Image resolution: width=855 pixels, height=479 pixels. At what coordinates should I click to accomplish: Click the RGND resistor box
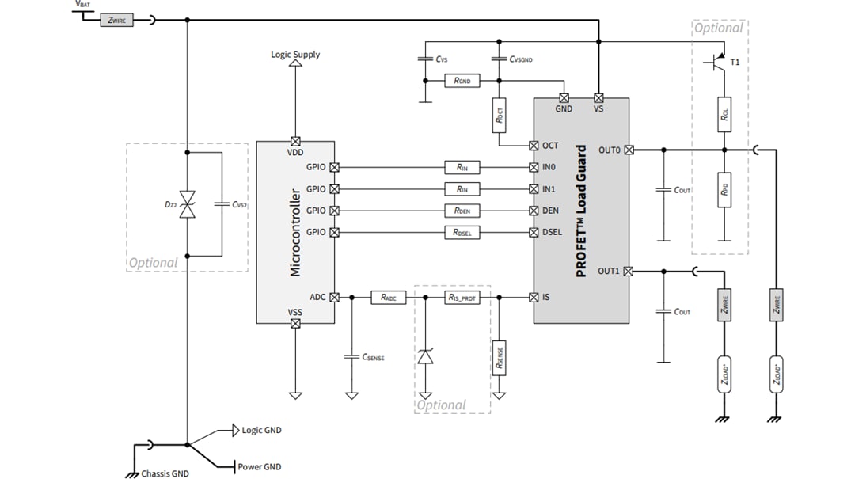click(462, 81)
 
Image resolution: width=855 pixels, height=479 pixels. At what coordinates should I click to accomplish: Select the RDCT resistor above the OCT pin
click(499, 115)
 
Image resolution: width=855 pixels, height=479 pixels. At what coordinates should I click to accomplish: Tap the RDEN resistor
click(462, 211)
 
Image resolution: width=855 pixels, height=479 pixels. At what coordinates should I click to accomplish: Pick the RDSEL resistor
click(462, 232)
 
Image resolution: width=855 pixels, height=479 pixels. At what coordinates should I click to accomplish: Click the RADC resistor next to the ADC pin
click(389, 298)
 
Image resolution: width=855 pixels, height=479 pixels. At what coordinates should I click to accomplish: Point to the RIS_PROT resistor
click(462, 298)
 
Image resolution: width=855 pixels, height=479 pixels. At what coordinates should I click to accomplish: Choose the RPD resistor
click(724, 189)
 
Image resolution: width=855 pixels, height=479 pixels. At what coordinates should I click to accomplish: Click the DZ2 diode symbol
click(188, 205)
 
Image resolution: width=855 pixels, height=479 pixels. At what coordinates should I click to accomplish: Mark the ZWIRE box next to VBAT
click(116, 21)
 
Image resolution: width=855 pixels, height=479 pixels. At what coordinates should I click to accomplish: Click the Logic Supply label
click(295, 55)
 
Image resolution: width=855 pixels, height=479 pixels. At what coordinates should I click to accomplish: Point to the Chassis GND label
click(165, 473)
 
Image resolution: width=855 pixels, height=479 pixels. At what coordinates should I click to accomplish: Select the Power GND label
click(259, 467)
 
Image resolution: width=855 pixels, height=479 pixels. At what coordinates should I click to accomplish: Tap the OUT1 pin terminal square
click(629, 271)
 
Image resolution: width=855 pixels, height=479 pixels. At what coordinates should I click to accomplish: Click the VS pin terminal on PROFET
click(598, 98)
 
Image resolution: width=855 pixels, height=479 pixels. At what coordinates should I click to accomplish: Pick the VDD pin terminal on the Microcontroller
click(295, 141)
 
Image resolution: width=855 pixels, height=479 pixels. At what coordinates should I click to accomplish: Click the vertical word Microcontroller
click(295, 232)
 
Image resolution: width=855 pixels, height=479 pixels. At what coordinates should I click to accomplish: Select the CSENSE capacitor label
click(373, 358)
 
